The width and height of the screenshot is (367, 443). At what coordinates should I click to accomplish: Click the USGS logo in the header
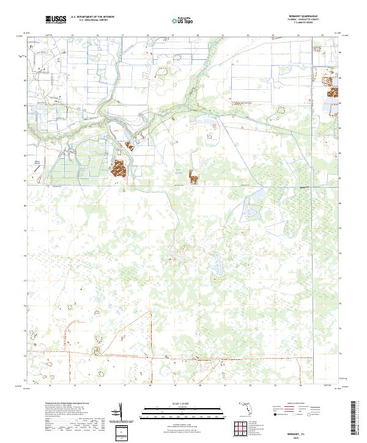pyautogui.click(x=56, y=20)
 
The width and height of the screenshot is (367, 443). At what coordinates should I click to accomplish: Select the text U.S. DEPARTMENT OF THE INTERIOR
pyautogui.click(x=92, y=17)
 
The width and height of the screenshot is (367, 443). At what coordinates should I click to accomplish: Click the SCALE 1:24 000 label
pyautogui.click(x=183, y=403)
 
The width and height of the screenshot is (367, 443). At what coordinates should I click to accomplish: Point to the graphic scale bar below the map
pyautogui.click(x=183, y=410)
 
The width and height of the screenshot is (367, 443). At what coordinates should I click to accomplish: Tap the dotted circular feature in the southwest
pyautogui.click(x=96, y=350)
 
